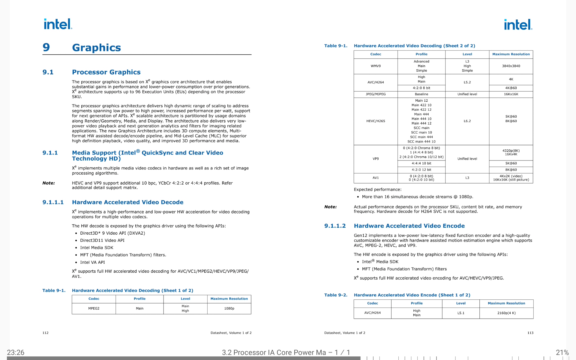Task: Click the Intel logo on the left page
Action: pos(58,24)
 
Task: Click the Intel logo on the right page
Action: pos(518,25)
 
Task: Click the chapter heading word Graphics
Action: pos(96,48)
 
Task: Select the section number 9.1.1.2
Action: pos(335,226)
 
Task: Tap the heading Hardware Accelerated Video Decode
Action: pos(127,202)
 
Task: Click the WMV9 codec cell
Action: pos(376,66)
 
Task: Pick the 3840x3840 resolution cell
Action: pos(511,66)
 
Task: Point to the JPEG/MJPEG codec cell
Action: pos(376,94)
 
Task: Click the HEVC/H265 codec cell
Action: pos(376,121)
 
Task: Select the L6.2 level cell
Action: pos(467,121)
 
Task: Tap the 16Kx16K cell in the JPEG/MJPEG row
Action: pos(511,94)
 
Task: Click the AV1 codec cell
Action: pos(376,178)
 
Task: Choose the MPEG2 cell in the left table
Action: pos(94,308)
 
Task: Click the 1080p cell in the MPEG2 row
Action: pos(229,308)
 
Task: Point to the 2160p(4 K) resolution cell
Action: pos(506,313)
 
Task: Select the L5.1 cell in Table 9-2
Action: pos(461,313)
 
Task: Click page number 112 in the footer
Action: pos(46,333)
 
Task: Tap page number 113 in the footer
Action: pos(530,333)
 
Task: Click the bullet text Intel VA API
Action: pos(92,262)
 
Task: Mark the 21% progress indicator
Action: pos(562,352)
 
